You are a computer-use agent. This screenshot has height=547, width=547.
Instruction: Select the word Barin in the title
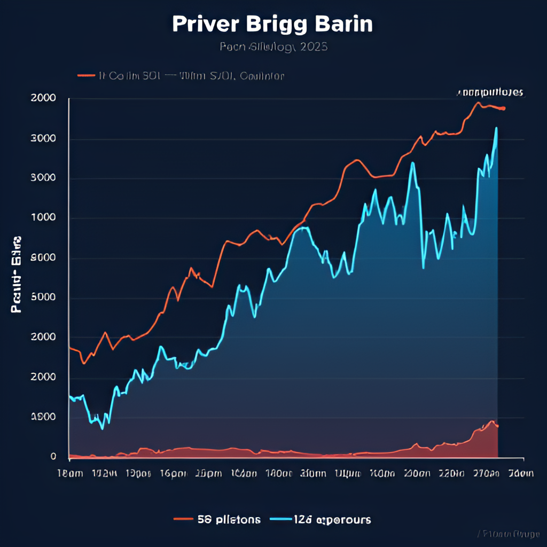tap(343, 25)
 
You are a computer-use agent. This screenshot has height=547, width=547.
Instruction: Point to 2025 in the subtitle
tap(314, 47)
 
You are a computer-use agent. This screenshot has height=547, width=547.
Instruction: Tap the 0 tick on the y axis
tap(53, 457)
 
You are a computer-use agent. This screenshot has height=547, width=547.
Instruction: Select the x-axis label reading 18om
tap(69, 473)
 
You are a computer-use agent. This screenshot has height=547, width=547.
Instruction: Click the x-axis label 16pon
tap(174, 473)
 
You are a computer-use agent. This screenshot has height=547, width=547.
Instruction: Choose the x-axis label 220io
tap(451, 473)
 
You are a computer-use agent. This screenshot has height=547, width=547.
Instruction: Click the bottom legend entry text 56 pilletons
tap(229, 519)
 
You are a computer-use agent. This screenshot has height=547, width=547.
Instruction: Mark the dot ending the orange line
tap(503, 109)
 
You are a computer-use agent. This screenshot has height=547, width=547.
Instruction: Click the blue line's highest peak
tap(496, 128)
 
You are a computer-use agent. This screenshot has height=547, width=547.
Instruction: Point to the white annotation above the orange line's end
tap(490, 92)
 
